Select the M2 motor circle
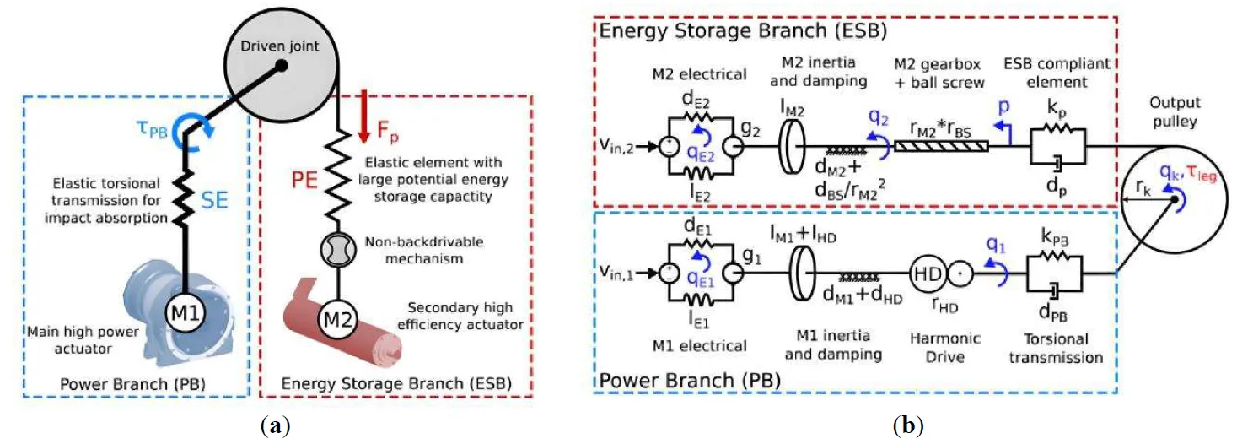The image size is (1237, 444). [338, 321]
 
